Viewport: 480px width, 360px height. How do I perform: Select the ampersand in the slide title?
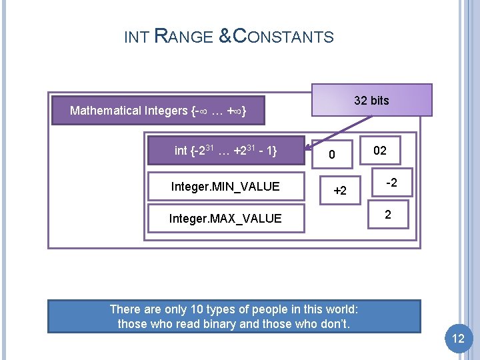pyautogui.click(x=225, y=37)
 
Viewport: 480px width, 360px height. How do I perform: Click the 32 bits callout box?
pyautogui.click(x=371, y=101)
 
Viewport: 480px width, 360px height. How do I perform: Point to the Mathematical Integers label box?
pyautogui.click(x=158, y=111)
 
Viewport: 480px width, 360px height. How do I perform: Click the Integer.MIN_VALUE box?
pyautogui.click(x=225, y=186)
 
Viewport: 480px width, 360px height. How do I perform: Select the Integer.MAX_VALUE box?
pyautogui.click(x=225, y=218)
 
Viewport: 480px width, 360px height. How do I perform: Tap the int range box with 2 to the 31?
pyautogui.click(x=225, y=151)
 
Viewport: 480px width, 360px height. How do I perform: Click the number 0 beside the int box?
pyautogui.click(x=330, y=155)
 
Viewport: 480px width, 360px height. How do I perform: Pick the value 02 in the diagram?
pyautogui.click(x=379, y=151)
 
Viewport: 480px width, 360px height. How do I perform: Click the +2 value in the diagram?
pyautogui.click(x=340, y=191)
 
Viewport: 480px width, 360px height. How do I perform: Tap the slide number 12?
pyautogui.click(x=458, y=339)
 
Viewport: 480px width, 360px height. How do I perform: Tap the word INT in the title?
pyautogui.click(x=136, y=37)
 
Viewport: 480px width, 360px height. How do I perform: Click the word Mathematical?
pyautogui.click(x=105, y=111)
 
